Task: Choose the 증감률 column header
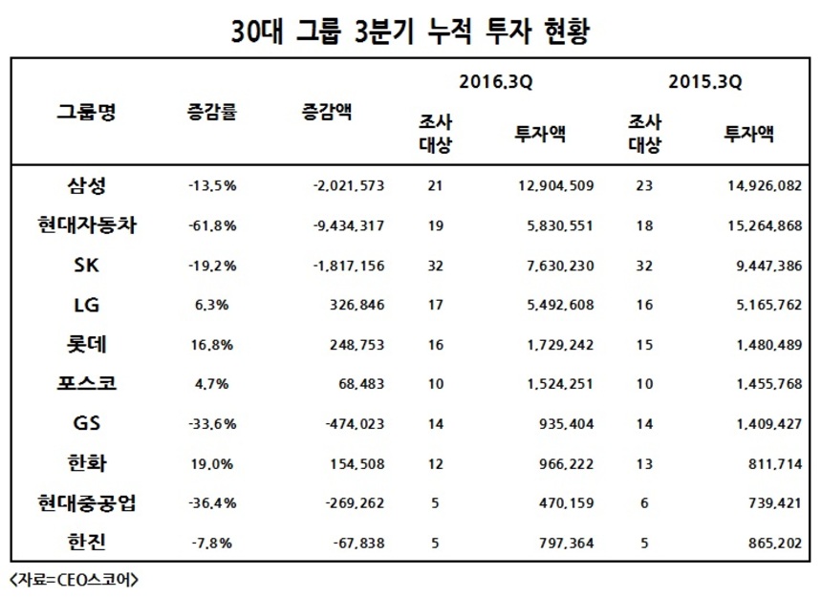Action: coord(211,111)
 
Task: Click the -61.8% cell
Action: coord(212,225)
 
